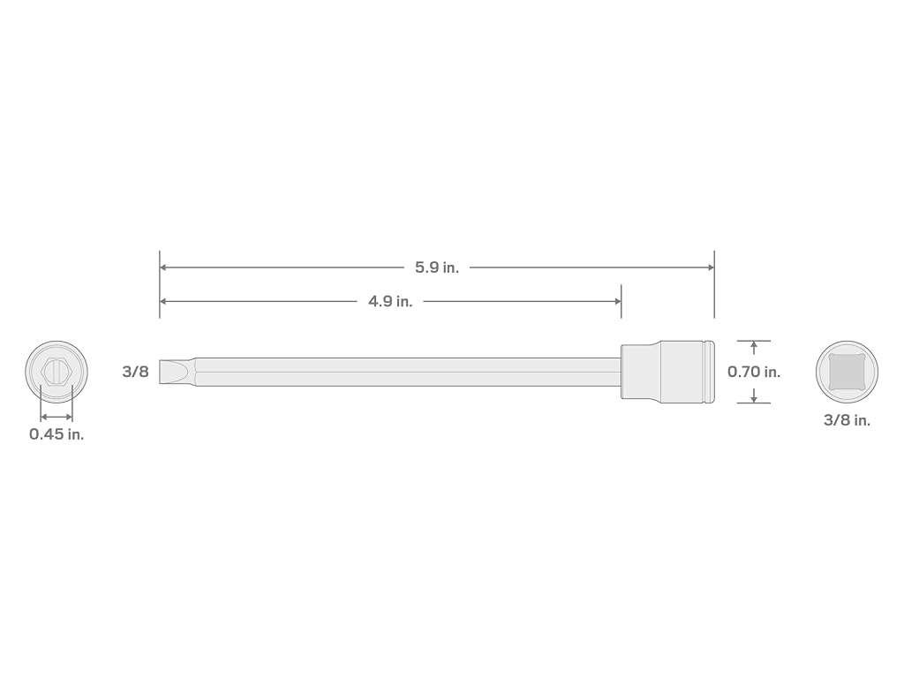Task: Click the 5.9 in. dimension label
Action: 437,267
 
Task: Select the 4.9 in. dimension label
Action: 390,301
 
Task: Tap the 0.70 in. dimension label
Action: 754,372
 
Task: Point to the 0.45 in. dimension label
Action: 56,434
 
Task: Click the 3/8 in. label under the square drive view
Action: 847,419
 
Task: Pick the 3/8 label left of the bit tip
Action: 135,372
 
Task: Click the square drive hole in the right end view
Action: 847,372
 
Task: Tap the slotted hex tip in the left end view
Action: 56,372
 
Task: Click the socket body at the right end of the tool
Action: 667,372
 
